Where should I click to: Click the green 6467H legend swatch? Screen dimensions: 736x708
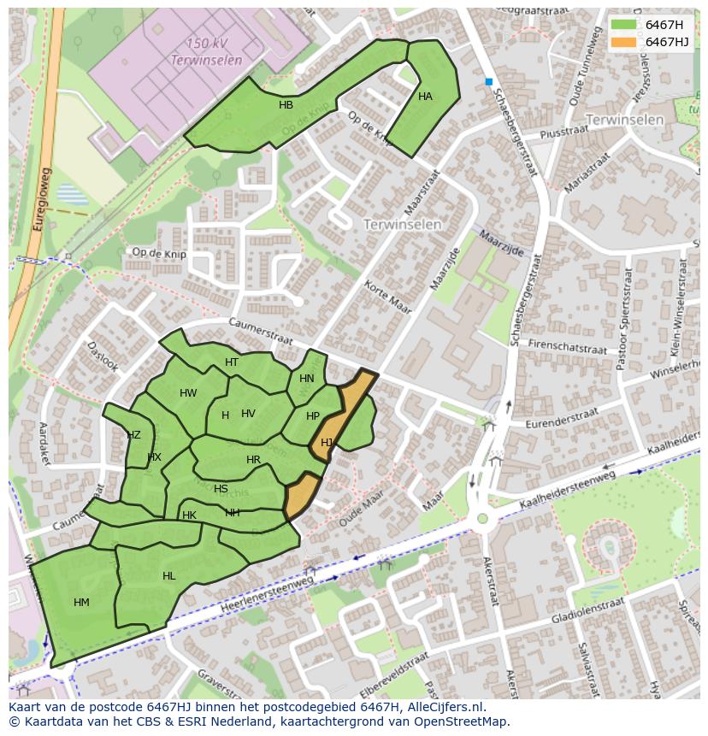point(623,25)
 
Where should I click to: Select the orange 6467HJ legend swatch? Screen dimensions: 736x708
point(623,42)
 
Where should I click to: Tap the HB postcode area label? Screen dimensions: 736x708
point(286,105)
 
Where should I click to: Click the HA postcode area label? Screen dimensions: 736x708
point(425,97)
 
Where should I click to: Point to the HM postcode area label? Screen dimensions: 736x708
point(81,603)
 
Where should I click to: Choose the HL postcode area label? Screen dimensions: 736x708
point(168,576)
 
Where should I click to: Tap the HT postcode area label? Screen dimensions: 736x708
point(232,362)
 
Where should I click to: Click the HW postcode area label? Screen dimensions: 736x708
point(188,393)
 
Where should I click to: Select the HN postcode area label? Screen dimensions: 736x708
point(306,379)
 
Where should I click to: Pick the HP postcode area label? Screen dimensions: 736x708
point(312,416)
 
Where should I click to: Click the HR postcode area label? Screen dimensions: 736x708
point(253,460)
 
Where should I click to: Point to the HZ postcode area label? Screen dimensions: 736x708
point(133,435)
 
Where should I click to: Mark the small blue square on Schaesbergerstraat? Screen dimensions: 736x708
point(489,82)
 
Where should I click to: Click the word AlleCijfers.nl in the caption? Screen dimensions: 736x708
point(445,707)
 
